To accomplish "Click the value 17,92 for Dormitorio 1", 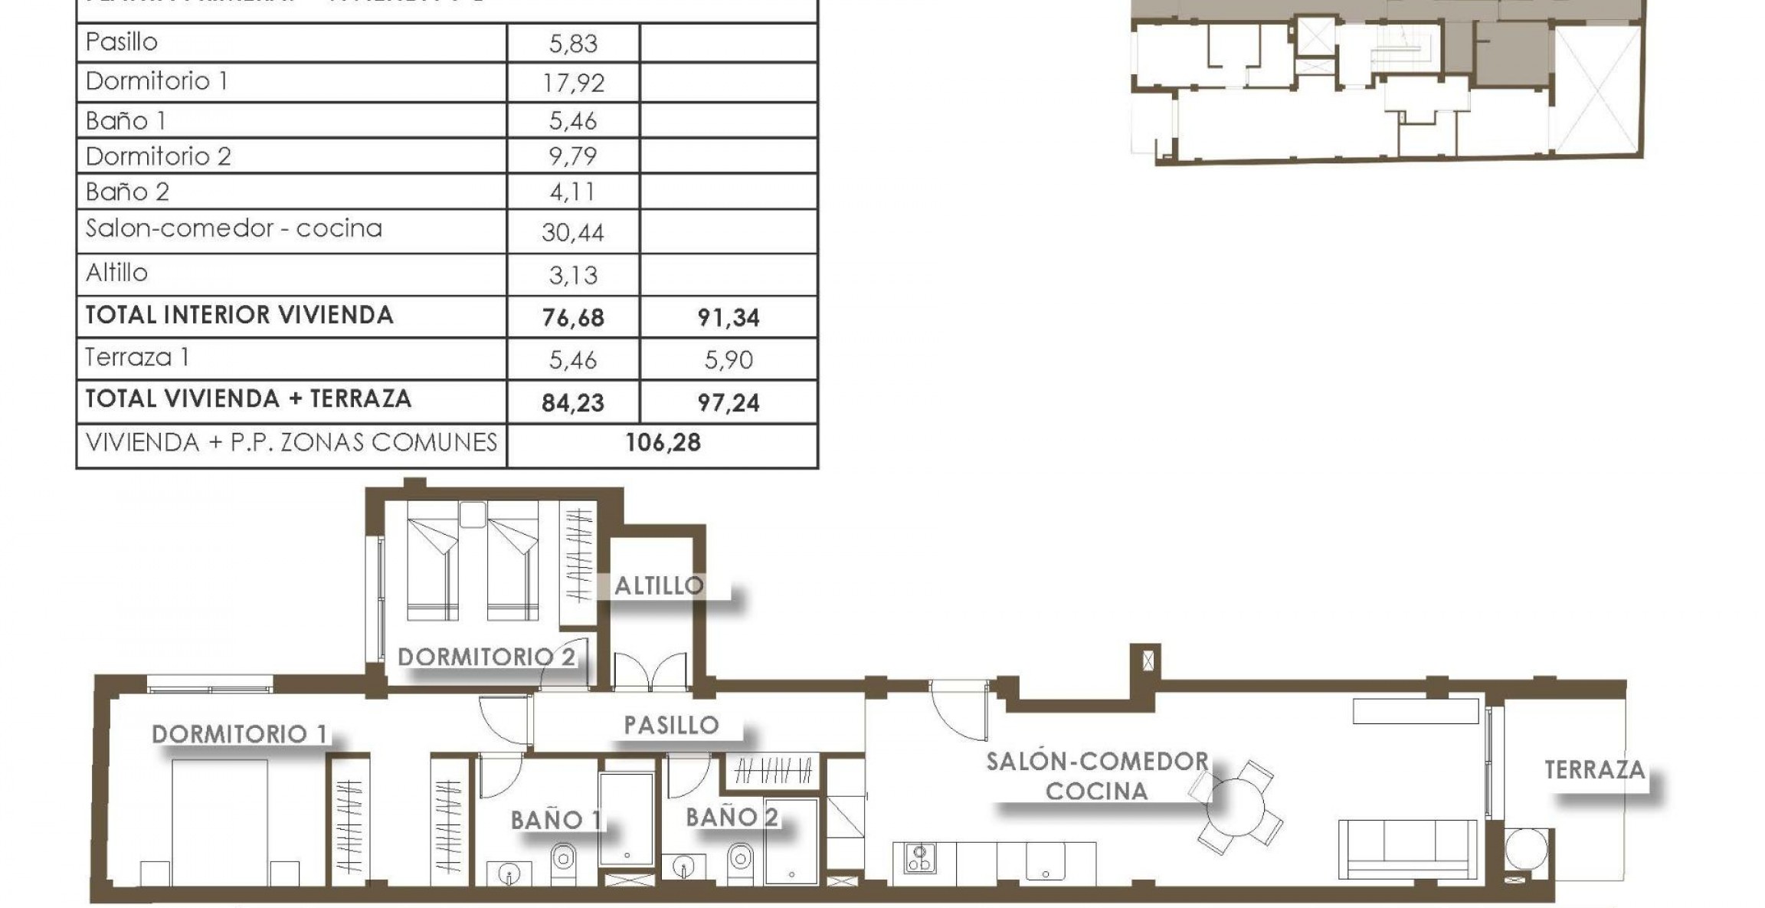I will pyautogui.click(x=573, y=82).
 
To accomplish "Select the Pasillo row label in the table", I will pyautogui.click(x=122, y=41).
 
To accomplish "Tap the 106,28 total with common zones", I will pyautogui.click(x=663, y=443).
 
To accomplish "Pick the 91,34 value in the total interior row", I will pyautogui.click(x=728, y=317).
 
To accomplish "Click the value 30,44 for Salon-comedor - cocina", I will pyautogui.click(x=573, y=231).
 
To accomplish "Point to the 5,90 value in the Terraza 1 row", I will pyautogui.click(x=728, y=359).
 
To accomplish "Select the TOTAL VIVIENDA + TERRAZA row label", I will pyautogui.click(x=248, y=398).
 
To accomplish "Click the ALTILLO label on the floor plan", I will pyautogui.click(x=659, y=586).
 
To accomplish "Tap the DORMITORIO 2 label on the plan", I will pyautogui.click(x=486, y=657).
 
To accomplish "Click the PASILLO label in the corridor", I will pyautogui.click(x=671, y=725).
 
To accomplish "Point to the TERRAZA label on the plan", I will pyautogui.click(x=1594, y=769).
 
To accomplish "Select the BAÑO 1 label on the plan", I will pyautogui.click(x=556, y=820).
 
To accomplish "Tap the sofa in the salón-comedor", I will pyautogui.click(x=1407, y=848).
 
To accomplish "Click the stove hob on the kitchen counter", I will pyautogui.click(x=920, y=857).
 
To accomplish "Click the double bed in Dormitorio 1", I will pyautogui.click(x=220, y=820).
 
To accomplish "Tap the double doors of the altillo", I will pyautogui.click(x=650, y=673).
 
